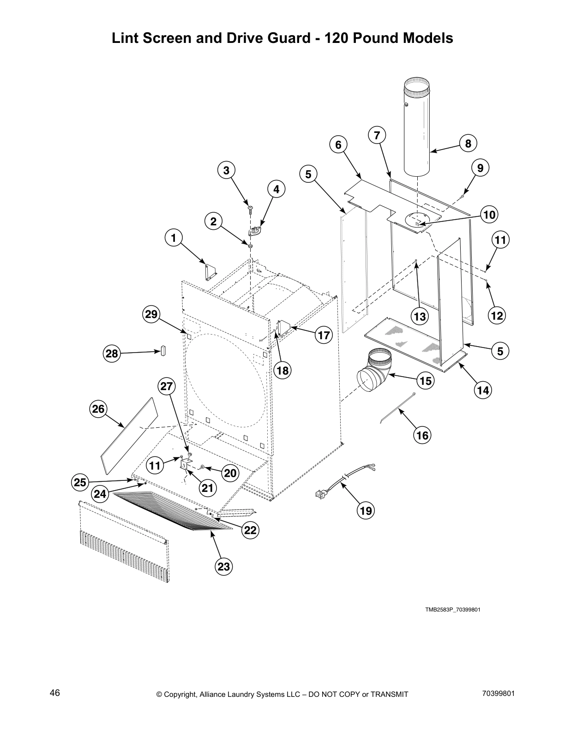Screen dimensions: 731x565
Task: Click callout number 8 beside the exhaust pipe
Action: point(468,144)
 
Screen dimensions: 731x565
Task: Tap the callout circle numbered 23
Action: point(224,566)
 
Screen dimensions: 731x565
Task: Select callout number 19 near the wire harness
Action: point(366,510)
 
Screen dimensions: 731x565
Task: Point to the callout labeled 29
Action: point(151,315)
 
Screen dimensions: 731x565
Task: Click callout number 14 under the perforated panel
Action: point(483,390)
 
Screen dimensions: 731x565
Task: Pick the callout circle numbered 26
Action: point(98,408)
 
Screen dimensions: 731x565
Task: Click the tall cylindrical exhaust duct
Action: point(417,129)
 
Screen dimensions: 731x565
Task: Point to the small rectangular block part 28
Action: point(162,350)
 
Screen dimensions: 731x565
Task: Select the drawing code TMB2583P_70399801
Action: point(453,610)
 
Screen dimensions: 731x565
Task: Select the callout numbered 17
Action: point(324,335)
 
